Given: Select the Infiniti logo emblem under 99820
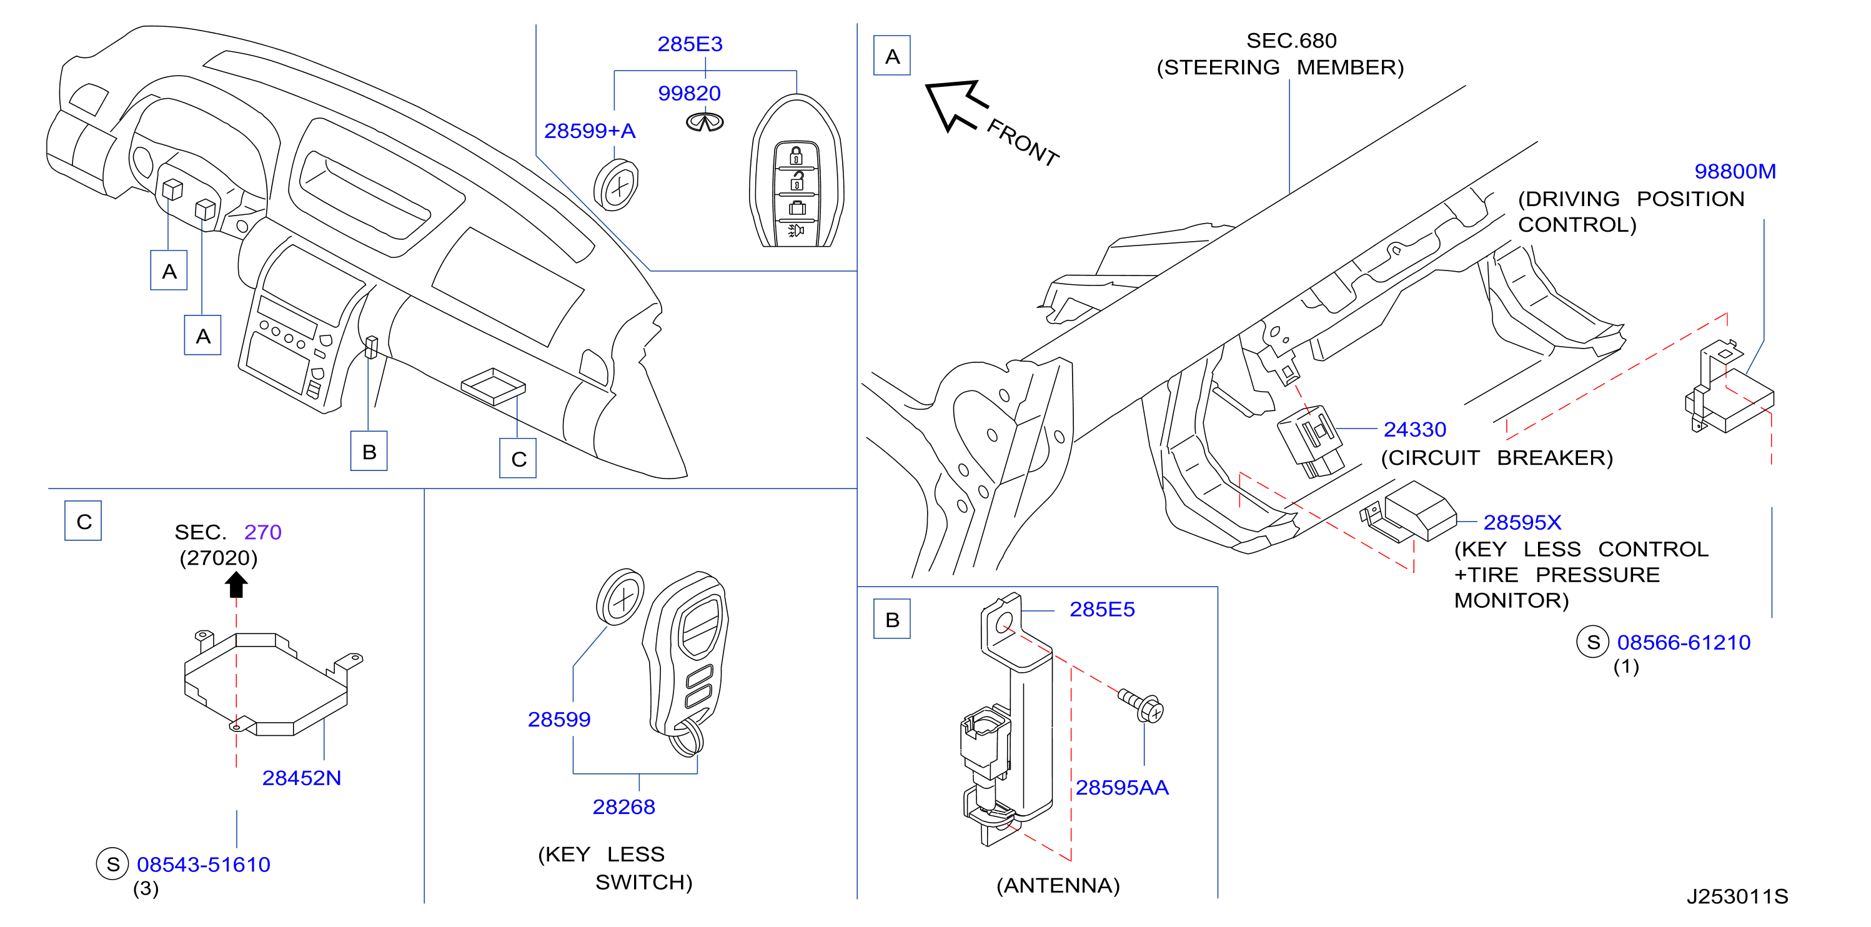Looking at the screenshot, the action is point(705,122).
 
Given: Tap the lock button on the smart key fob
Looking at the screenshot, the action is point(796,156).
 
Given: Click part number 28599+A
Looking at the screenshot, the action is point(590,131).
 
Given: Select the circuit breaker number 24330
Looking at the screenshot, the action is point(1414,429).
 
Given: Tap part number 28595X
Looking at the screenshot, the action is point(1522,522).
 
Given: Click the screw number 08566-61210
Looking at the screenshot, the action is point(1683,642).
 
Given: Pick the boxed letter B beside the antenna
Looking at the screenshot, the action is point(892,620).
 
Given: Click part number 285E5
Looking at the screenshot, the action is point(1102,610).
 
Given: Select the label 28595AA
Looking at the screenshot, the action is point(1121,788).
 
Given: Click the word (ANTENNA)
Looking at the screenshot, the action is point(1058,886).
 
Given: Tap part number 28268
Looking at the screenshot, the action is point(623,807).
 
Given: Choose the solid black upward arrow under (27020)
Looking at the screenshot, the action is point(236,584).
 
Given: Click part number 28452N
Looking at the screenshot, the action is point(302,778).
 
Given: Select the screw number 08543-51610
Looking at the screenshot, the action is point(204,865).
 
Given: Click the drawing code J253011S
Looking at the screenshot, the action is point(1737,896).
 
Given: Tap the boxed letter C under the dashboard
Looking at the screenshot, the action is point(518,459).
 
